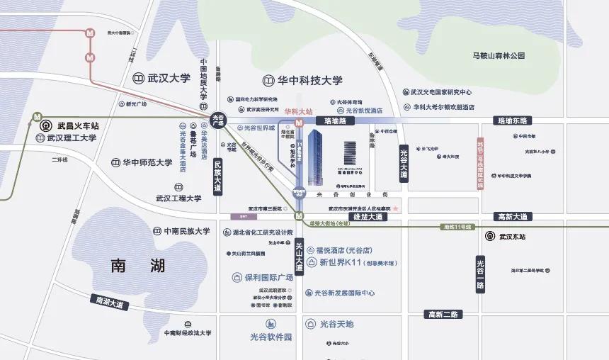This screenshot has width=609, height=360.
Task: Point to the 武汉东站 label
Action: pyautogui.click(x=514, y=236)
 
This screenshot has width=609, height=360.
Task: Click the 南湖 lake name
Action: pyautogui.click(x=138, y=266)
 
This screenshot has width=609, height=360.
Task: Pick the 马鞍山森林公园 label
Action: pyautogui.click(x=499, y=55)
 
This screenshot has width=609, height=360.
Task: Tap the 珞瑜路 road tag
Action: pyautogui.click(x=335, y=122)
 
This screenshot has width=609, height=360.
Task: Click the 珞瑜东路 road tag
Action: pyautogui.click(x=515, y=122)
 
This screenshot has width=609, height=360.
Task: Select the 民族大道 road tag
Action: pyautogui.click(x=218, y=176)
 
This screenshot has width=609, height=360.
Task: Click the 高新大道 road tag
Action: pyautogui.click(x=513, y=217)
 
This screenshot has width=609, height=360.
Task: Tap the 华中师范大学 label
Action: pyautogui.click(x=142, y=162)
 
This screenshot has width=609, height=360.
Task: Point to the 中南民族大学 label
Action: pyautogui.click(x=181, y=231)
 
